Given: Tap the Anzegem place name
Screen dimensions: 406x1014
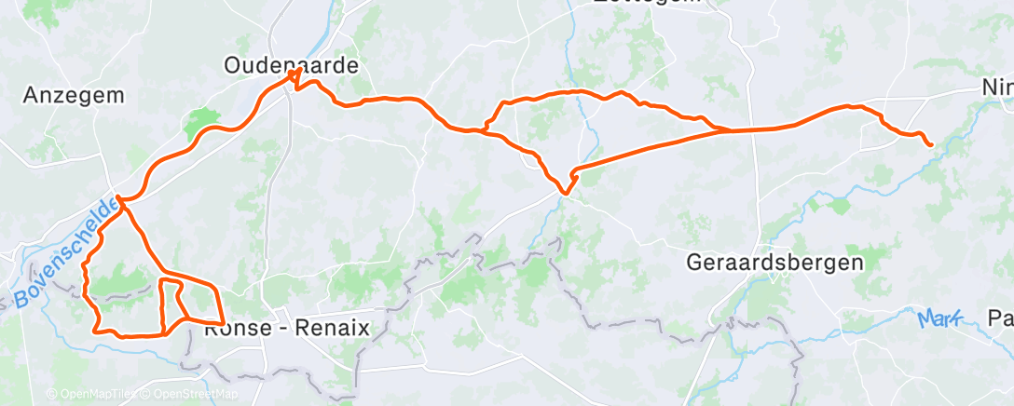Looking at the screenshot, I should tap(74, 95).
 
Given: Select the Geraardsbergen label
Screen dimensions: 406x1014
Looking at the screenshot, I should tap(774, 263).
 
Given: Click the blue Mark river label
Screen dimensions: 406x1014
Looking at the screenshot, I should tap(938, 319).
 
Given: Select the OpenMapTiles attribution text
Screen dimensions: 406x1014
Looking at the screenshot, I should tap(91, 394).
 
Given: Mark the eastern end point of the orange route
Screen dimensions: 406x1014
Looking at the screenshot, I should tap(930, 143).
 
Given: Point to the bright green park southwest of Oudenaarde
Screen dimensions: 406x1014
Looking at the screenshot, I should tap(199, 122).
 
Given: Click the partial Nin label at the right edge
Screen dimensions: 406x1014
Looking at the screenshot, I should tap(996, 87).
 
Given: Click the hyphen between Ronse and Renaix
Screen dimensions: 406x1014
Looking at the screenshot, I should tap(283, 329).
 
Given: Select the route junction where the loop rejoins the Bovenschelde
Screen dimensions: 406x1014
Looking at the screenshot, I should tap(121, 198).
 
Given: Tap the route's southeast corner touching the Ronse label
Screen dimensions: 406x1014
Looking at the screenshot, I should tap(222, 322).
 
